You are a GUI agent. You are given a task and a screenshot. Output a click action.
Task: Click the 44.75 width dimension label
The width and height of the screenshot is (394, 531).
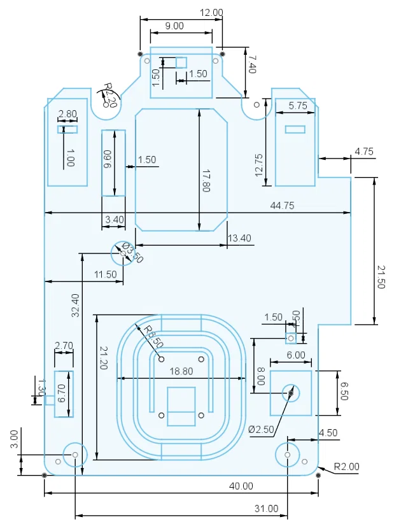point(283,205)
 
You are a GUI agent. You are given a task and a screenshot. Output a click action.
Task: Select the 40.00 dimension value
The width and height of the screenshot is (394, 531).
point(241,486)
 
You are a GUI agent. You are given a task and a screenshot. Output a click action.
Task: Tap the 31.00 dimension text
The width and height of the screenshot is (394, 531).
point(266,508)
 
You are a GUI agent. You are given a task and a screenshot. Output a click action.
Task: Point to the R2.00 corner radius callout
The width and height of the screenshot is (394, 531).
point(347,467)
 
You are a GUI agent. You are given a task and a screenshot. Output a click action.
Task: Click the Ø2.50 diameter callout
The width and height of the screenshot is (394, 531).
point(261,429)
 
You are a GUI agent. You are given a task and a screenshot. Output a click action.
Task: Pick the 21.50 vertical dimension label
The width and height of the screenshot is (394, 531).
point(381,277)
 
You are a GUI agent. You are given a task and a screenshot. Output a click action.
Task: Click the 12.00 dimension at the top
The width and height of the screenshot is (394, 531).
point(211,12)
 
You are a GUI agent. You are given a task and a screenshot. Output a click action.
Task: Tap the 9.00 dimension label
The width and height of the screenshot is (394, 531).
point(174,25)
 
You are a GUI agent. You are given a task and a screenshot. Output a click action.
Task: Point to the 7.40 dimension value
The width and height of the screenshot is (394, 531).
point(251,65)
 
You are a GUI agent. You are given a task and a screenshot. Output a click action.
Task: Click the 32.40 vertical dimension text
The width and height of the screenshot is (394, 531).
point(76,305)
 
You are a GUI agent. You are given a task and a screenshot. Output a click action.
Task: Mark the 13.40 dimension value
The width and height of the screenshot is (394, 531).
point(239,238)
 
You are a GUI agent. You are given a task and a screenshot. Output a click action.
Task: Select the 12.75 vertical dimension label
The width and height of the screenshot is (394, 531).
point(258,164)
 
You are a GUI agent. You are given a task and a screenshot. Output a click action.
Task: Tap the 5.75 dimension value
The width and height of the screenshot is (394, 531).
point(298,106)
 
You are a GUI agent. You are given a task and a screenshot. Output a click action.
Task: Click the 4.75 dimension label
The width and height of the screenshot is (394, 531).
point(364,152)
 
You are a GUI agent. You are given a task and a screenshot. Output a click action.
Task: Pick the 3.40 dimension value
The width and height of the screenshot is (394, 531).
point(114,220)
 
